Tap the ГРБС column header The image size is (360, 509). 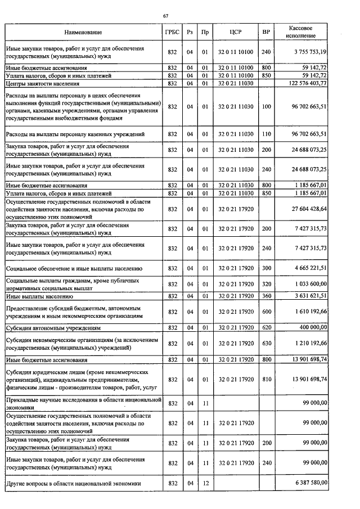tap(173, 33)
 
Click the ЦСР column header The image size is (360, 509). tap(236, 33)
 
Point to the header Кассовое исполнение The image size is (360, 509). tap(300, 32)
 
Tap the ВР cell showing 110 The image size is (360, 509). tap(266, 134)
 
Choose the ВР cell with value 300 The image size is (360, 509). tap(266, 268)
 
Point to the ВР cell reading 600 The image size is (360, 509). tap(266, 311)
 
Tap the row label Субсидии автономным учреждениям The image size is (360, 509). tap(53, 327)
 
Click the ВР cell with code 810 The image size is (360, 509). tap(266, 380)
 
